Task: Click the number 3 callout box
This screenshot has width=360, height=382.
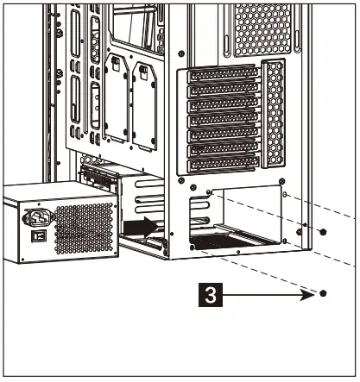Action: point(209,294)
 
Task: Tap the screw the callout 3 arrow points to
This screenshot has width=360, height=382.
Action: point(323,293)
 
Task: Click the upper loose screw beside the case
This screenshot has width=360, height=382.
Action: point(323,232)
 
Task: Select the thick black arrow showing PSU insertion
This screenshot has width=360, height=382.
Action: point(140,227)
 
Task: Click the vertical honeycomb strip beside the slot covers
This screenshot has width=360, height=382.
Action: point(275,113)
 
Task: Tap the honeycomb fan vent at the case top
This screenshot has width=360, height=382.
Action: point(262,25)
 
